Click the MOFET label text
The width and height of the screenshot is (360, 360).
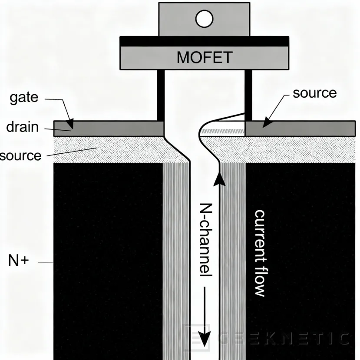[204, 57]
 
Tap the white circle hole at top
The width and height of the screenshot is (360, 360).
[204, 19]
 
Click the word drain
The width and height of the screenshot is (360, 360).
[22, 127]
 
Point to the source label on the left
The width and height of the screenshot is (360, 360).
[20, 155]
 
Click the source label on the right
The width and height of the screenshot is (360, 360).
[314, 93]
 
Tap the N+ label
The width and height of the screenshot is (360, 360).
[18, 261]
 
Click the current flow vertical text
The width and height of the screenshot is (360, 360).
[260, 253]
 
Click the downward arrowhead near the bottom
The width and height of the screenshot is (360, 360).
[205, 338]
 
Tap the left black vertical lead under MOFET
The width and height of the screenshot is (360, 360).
[161, 95]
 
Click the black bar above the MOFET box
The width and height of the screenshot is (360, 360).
[204, 41]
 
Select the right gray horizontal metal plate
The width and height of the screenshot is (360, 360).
[300, 129]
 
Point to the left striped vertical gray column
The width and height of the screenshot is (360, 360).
[176, 261]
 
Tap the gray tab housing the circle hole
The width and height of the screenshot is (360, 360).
[174, 20]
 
